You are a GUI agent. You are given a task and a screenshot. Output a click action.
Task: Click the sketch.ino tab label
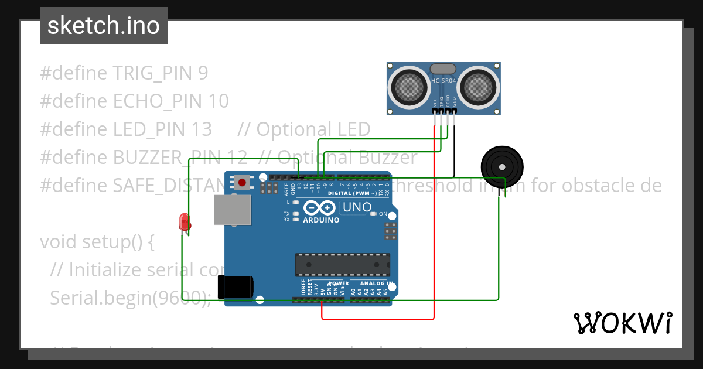[x=103, y=26]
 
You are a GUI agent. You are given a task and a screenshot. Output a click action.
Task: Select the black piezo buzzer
[x=501, y=166]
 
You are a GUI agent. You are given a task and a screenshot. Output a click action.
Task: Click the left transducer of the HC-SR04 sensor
[x=410, y=87]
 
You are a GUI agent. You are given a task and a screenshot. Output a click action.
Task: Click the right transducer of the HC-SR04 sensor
[x=477, y=87]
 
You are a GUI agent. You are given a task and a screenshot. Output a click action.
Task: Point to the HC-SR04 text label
[x=443, y=81]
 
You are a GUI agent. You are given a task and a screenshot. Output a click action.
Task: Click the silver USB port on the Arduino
[x=233, y=209]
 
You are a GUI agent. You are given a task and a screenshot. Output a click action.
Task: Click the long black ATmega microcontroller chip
[x=343, y=264]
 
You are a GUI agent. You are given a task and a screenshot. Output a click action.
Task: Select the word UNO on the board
[x=357, y=207]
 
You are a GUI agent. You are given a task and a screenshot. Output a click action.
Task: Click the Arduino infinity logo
[x=319, y=208]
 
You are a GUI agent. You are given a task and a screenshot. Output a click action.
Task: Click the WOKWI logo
[x=622, y=323]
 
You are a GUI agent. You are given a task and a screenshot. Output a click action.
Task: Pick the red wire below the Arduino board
[x=378, y=319]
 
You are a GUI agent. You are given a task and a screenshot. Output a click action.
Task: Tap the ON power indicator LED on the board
[x=374, y=214]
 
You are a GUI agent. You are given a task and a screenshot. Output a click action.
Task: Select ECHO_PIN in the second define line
[x=157, y=101]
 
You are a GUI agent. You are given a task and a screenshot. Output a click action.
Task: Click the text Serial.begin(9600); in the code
[x=130, y=298]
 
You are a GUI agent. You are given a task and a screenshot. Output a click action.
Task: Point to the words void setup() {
[x=97, y=241]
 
